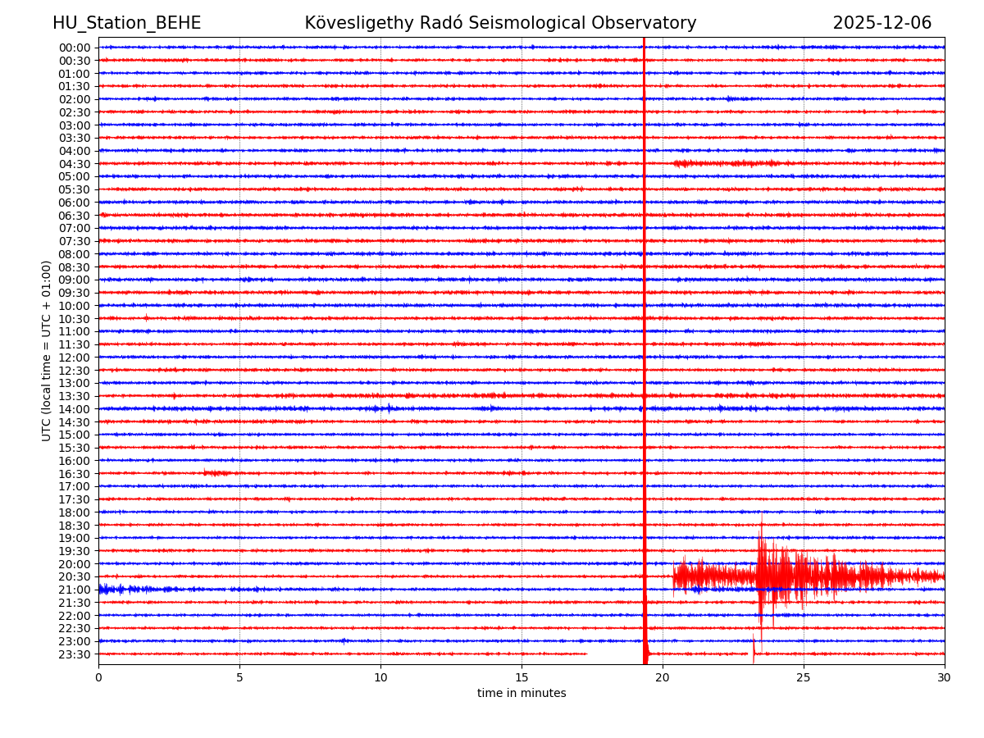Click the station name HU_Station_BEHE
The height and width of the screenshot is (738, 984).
click(126, 23)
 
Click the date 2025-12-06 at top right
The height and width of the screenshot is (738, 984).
click(881, 23)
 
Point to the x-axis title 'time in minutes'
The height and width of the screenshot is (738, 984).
click(522, 693)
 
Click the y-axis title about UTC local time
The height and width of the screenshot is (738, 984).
click(47, 350)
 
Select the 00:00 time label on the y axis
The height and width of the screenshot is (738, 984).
click(74, 48)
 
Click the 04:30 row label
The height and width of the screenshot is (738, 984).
click(74, 164)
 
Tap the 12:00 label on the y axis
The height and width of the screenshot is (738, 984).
click(74, 358)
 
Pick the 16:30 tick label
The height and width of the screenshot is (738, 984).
click(74, 474)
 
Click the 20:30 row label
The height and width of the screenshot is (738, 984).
click(74, 577)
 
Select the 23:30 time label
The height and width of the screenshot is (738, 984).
click(74, 654)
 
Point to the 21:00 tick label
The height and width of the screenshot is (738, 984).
click(74, 590)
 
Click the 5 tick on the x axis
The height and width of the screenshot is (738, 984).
click(239, 677)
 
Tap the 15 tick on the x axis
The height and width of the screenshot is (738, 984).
click(522, 677)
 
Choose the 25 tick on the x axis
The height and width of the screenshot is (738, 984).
click(804, 677)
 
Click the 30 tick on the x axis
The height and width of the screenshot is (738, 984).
click(945, 677)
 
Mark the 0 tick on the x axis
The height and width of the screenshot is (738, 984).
click(98, 677)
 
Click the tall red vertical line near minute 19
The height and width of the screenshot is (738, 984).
click(645, 328)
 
